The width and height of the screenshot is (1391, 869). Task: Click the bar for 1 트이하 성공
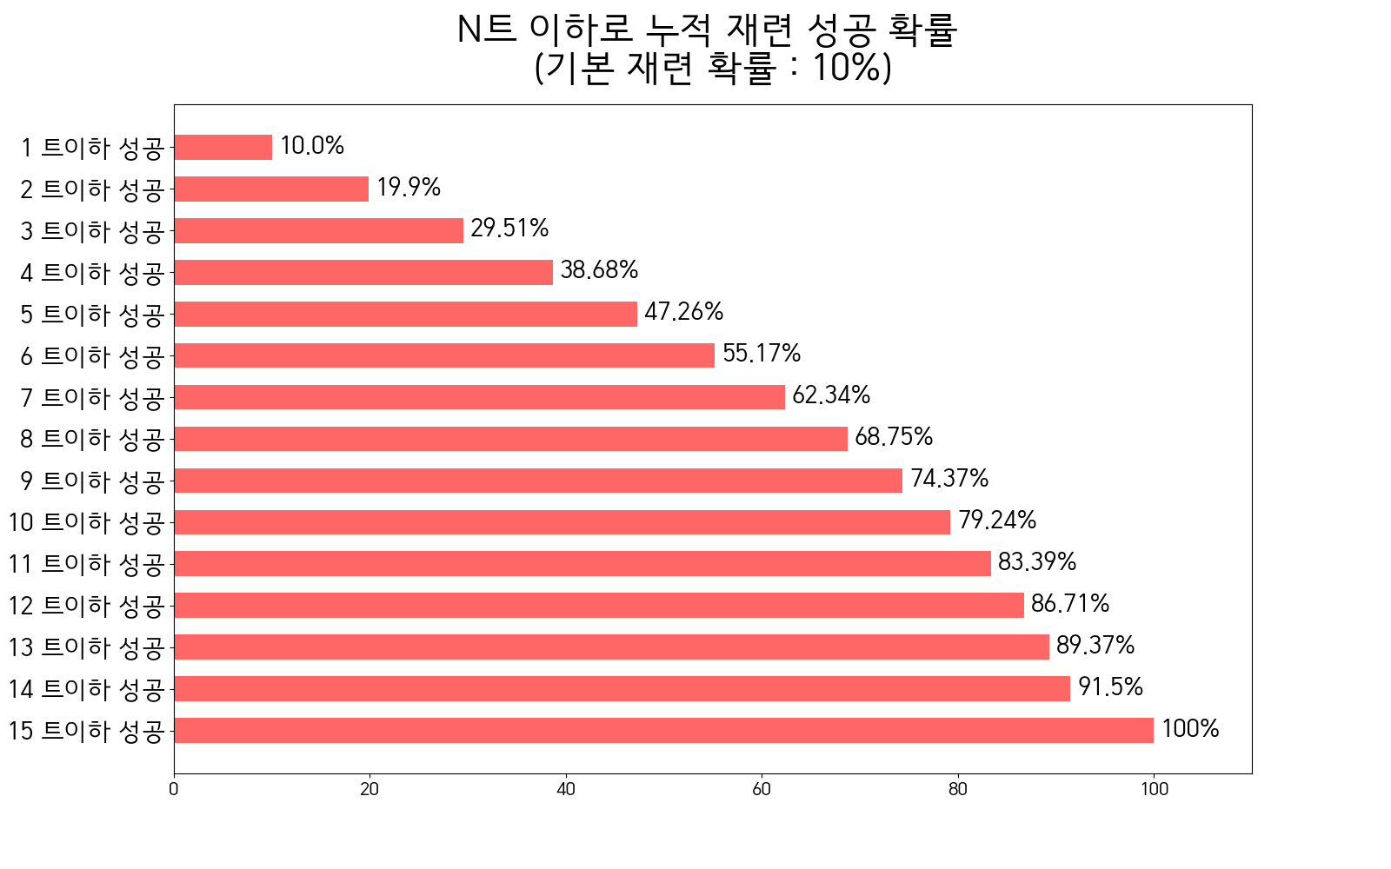[x=223, y=147]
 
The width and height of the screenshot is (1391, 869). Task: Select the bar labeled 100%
[x=663, y=730]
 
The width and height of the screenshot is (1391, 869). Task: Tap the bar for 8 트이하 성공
[x=510, y=439]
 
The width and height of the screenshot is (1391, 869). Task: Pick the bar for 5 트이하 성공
[x=405, y=314]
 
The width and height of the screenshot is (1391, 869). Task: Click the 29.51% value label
[x=509, y=229]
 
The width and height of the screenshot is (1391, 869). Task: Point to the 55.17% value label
[x=762, y=354]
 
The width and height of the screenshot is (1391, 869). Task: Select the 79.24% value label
[x=997, y=521]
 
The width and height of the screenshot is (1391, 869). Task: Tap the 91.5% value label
[x=1110, y=687]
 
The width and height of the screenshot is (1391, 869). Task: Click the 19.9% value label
[x=409, y=188]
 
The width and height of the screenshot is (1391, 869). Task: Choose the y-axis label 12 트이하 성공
[x=86, y=606]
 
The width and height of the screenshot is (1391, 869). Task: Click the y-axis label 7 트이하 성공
[x=92, y=398]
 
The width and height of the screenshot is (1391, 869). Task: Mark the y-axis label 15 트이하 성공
[x=86, y=731]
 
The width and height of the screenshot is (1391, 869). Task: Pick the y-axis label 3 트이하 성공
[x=92, y=231]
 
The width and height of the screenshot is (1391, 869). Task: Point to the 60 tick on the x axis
[x=762, y=789]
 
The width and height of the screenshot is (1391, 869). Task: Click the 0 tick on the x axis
[x=174, y=789]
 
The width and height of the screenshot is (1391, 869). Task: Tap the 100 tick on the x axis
[x=1154, y=789]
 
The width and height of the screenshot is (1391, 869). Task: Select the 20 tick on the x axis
[x=369, y=789]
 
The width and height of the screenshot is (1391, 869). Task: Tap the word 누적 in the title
[x=690, y=30]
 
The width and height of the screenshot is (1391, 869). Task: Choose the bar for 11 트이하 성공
[x=582, y=563]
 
